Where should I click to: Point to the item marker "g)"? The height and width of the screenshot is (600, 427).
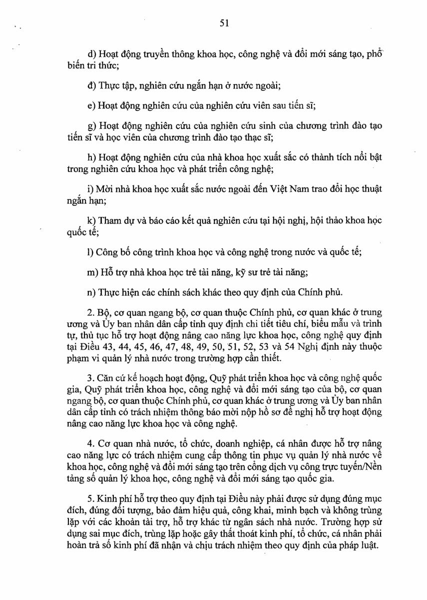coord(91,126)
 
